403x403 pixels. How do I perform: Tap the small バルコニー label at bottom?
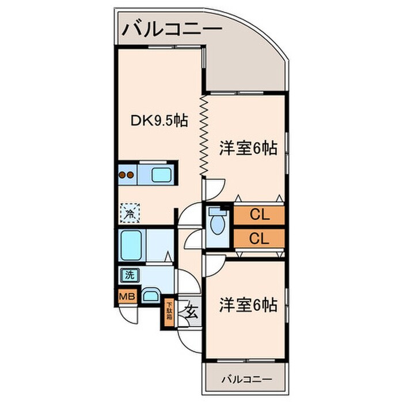click(246, 379)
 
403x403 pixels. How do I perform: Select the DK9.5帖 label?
click(159, 120)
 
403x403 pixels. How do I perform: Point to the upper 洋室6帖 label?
click(248, 149)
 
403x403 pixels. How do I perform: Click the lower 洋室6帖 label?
click(248, 305)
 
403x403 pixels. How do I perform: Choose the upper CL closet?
click(259, 215)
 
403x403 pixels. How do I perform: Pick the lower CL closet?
click(259, 238)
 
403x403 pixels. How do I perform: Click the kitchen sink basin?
click(161, 175)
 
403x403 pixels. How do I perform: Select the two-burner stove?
click(127, 175)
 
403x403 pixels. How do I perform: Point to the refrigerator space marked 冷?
click(130, 213)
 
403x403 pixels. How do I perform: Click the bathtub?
click(131, 245)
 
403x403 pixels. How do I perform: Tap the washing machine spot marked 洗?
click(130, 275)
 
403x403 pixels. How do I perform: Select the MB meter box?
click(127, 296)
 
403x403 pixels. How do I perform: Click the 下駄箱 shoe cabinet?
click(169, 314)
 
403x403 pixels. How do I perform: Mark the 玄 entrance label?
click(191, 312)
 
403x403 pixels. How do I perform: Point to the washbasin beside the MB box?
click(150, 296)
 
